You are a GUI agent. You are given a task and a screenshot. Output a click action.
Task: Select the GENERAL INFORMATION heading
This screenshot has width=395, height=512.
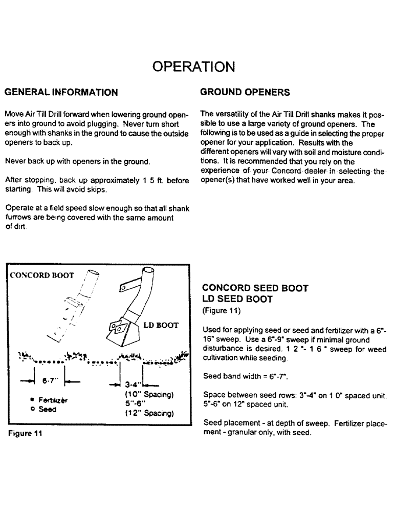pos(61,93)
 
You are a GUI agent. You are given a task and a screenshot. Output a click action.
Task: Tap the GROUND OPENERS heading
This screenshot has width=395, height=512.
pos(245,93)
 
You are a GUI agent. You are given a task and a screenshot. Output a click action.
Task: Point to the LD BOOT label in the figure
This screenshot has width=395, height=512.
pos(159,325)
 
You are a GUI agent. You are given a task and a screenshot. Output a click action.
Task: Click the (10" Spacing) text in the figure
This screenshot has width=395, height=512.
pos(146,395)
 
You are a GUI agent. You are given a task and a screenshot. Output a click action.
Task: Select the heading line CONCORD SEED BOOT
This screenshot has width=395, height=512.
pos(255,288)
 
